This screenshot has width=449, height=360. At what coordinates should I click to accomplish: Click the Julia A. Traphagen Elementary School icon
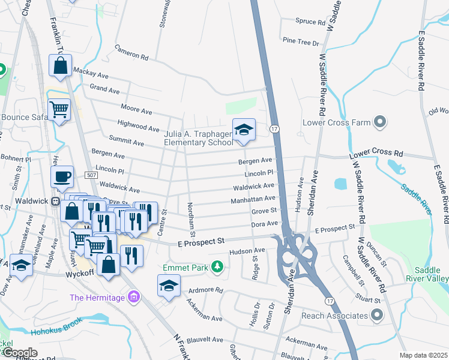(244, 130)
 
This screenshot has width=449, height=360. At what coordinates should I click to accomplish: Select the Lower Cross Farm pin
(379, 122)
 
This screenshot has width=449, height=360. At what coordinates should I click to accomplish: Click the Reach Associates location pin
(377, 315)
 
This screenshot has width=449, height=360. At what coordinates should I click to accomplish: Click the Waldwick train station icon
(55, 202)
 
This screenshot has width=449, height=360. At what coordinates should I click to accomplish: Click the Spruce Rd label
(310, 22)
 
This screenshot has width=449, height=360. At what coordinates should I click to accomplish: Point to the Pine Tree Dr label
(301, 42)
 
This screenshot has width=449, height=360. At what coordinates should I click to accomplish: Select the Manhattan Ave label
(253, 199)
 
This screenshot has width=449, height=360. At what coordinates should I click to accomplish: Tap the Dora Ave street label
(265, 223)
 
